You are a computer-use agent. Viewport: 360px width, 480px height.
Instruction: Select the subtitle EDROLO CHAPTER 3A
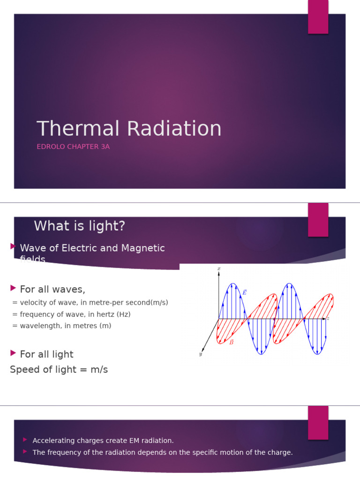coord(73,147)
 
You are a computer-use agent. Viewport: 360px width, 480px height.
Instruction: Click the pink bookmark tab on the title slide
coord(318,17)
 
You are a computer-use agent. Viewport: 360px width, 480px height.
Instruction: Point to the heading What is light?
coord(80,226)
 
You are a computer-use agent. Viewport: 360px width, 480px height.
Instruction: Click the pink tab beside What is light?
coord(318,219)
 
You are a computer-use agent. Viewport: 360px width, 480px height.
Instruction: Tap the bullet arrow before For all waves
coord(13,287)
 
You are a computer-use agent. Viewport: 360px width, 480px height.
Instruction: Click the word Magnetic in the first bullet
coord(143,248)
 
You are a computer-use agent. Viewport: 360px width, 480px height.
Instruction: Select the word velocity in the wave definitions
coord(33,302)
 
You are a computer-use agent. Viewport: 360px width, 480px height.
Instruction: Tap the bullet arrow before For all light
coord(13,353)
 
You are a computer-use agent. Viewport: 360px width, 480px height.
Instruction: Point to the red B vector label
coord(231,342)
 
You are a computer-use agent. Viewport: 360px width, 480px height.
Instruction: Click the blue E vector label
coord(244,292)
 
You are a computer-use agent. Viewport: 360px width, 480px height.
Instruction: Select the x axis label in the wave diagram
coord(219,269)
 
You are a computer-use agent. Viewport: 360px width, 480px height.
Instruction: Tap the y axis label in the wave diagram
coord(200,354)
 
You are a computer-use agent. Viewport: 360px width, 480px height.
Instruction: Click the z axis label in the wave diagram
coord(328,319)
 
